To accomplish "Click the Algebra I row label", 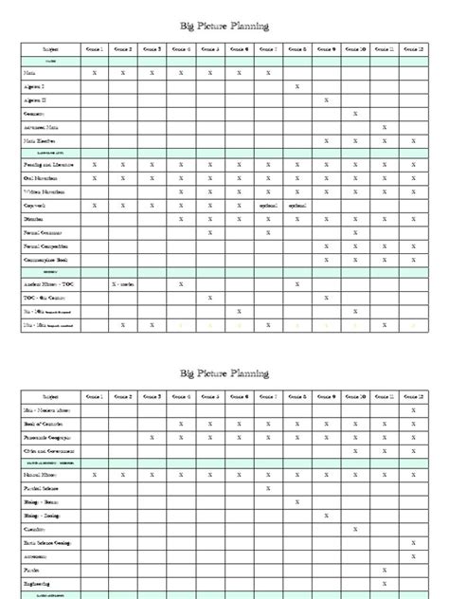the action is coord(38,86).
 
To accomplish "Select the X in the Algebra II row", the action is coord(326,100).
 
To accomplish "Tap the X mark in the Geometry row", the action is coord(355,114).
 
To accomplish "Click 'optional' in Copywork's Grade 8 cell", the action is coord(297,205).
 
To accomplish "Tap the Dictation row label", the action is coord(35,218).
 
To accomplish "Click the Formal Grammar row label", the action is coord(42,232).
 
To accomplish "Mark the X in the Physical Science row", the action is coord(268,489).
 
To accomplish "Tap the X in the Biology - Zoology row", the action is coord(326,516).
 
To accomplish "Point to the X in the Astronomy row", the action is coord(413,555).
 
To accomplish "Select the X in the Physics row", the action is coord(384,570).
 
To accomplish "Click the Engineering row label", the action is coord(39,583).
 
